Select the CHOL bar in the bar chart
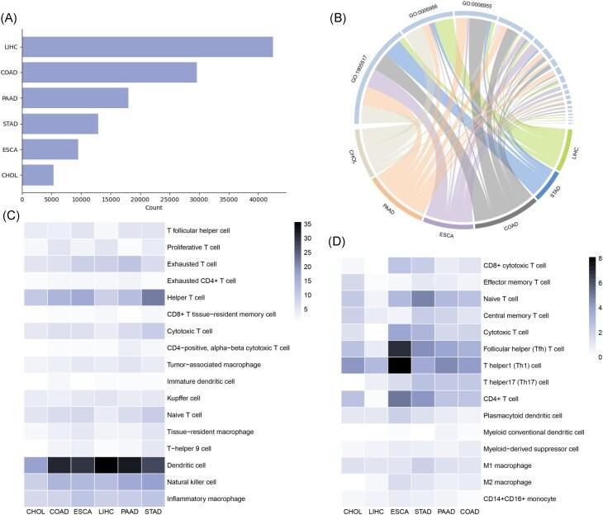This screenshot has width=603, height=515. click(x=38, y=175)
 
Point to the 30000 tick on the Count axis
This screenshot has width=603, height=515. click(x=198, y=199)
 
